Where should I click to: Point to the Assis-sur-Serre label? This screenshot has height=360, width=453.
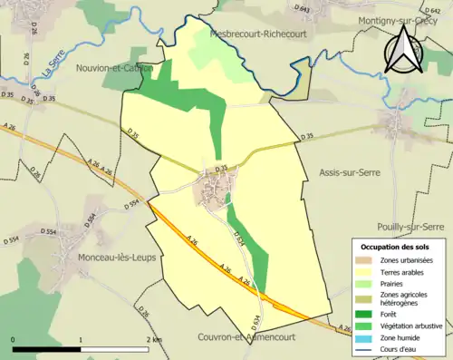[350, 171]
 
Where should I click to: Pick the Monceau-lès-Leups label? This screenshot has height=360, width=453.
[110, 258]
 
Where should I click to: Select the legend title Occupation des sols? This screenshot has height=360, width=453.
[397, 247]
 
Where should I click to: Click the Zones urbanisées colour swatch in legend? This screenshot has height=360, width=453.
[365, 260]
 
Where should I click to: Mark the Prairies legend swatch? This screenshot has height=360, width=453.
[365, 283]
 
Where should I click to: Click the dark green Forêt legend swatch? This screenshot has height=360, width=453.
[365, 315]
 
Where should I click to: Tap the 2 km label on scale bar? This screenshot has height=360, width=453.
[155, 339]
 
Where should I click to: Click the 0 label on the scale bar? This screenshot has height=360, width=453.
[14, 339]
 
